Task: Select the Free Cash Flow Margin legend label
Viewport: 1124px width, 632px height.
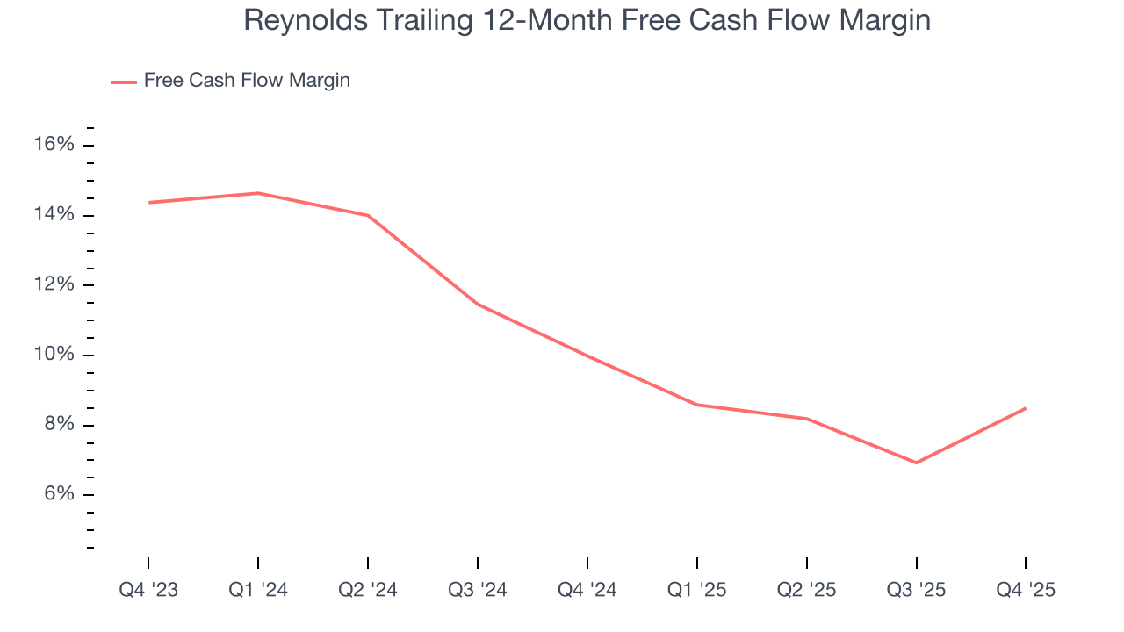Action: click(247, 81)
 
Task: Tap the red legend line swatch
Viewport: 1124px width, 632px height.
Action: click(124, 82)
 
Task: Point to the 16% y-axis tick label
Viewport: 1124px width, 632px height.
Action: click(54, 145)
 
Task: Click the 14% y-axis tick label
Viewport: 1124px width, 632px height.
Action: click(54, 215)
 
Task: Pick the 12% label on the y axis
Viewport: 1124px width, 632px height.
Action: click(54, 285)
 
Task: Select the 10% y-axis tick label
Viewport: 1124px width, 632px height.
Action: click(54, 355)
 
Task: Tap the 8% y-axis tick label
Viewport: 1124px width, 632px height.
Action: click(59, 425)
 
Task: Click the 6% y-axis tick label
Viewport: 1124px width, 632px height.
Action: click(59, 495)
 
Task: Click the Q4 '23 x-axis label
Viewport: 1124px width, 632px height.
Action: click(148, 591)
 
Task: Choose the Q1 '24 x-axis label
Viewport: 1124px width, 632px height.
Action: click(258, 591)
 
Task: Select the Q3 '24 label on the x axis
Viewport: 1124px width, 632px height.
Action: click(478, 591)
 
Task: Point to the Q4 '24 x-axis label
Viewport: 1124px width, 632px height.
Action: click(587, 591)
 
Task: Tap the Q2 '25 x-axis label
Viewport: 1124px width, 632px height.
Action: click(807, 591)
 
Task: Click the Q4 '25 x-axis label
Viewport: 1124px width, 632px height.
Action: click(1026, 591)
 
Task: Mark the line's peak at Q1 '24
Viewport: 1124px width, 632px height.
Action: click(258, 193)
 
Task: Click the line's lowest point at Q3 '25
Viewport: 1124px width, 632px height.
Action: click(917, 463)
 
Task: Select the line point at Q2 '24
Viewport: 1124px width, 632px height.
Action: click(368, 215)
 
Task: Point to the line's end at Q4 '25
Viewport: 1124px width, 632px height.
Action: click(1026, 408)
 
